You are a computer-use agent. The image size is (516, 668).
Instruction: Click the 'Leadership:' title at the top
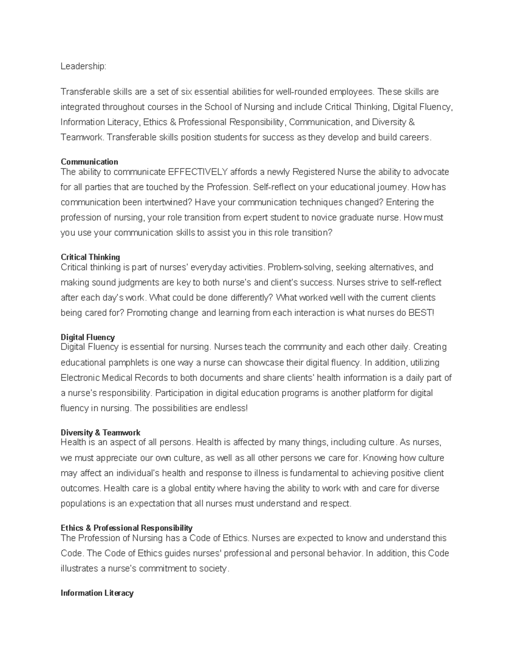tap(83, 66)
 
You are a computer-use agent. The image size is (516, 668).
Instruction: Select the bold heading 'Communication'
tap(89, 162)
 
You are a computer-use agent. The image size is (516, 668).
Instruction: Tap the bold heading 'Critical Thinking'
tap(90, 257)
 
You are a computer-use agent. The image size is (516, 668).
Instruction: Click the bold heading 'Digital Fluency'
tap(88, 337)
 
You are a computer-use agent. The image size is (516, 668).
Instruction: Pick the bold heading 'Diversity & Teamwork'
tap(101, 432)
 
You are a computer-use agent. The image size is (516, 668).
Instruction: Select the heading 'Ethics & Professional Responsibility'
tap(126, 528)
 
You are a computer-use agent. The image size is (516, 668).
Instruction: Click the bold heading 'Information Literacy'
tap(97, 593)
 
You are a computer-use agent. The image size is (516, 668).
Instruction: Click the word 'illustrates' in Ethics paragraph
tap(79, 569)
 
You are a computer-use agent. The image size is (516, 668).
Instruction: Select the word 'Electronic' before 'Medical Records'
tap(80, 378)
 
